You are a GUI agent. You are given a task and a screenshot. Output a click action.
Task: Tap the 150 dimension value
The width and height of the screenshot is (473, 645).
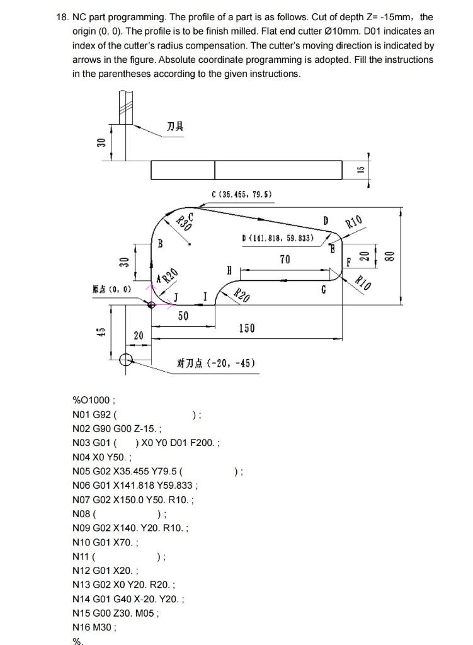point(247,328)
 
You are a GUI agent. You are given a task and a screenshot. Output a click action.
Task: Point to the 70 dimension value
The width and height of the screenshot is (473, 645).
point(285,259)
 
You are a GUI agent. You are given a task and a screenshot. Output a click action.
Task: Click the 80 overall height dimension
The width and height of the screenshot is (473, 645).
point(389,256)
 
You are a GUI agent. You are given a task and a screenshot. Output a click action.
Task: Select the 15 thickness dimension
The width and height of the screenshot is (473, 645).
point(361,170)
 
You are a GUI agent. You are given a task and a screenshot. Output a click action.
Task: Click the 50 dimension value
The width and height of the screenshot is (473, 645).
point(183,316)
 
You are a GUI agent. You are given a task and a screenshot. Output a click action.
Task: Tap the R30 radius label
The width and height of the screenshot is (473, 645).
point(183,222)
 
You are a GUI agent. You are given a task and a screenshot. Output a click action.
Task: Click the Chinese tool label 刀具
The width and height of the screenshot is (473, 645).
point(175,127)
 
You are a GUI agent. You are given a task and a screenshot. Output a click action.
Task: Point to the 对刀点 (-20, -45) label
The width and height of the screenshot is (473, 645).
point(216,363)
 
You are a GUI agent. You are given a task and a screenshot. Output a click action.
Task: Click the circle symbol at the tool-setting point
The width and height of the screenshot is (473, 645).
point(125,360)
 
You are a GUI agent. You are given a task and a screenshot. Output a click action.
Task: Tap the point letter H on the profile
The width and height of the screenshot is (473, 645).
point(229,270)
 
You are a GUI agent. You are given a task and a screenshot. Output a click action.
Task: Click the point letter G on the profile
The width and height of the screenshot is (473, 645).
point(323,290)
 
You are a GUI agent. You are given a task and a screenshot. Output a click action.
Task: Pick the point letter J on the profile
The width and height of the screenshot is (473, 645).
point(176,296)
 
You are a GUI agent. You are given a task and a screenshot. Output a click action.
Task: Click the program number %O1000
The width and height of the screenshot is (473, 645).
point(92,399)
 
